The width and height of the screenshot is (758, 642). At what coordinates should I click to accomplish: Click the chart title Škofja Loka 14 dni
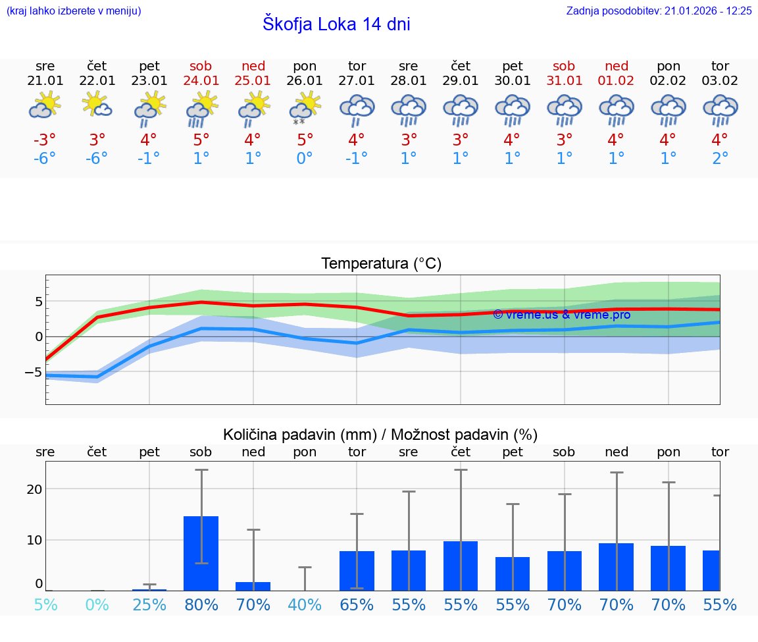336,24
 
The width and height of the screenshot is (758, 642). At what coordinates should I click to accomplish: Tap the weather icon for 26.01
305,108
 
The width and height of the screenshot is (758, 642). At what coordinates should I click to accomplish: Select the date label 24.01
201,80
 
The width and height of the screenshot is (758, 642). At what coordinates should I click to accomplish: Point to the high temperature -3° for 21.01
45,140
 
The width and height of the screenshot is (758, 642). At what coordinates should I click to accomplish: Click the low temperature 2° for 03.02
720,159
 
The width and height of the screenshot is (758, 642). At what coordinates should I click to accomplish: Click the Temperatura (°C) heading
381,264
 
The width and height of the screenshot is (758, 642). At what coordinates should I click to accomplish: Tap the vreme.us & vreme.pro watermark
561,315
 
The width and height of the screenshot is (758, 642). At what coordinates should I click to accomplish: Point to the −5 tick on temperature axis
34,372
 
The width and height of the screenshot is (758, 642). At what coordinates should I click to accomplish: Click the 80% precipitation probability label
201,605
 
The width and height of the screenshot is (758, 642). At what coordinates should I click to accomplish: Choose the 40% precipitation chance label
305,605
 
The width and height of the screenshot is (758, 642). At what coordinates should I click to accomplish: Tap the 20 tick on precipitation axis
34,489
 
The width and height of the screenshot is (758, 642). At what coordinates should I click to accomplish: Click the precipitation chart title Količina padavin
380,435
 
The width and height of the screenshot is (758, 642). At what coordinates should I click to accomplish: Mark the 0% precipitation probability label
97,605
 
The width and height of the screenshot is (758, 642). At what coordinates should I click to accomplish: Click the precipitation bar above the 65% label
357,570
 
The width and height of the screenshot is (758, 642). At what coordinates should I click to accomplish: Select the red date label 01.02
617,80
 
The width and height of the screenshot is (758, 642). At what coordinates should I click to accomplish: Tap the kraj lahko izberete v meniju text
73,11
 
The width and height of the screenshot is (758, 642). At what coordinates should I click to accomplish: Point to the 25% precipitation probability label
149,605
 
